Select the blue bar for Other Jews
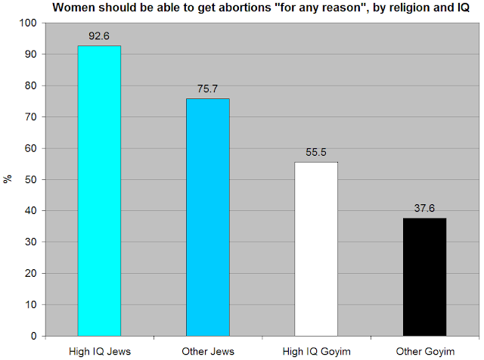click(x=208, y=217)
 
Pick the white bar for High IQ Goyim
click(x=316, y=249)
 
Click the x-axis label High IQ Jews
click(x=99, y=350)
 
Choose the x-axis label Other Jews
click(x=208, y=350)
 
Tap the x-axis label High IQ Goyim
click(x=316, y=350)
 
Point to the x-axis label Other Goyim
click(x=424, y=350)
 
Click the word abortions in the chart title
click(x=222, y=8)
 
